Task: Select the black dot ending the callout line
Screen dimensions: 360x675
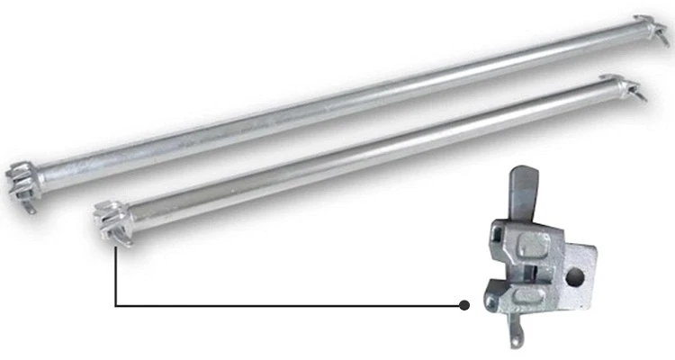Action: (x=464, y=305)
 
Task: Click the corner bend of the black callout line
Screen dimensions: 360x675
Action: (x=116, y=305)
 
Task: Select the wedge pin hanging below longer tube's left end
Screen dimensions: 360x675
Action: (x=31, y=208)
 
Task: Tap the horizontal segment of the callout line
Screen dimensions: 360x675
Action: (x=288, y=305)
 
